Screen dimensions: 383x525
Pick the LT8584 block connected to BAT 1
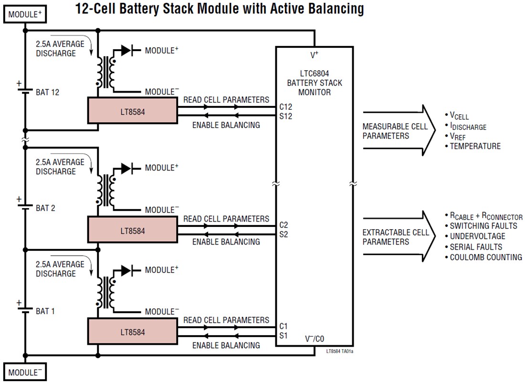pos(132,332)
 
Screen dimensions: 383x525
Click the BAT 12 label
pos(48,93)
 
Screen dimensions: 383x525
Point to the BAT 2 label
pos(45,208)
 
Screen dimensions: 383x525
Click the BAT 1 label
pos(45,311)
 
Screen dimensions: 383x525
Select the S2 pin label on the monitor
pos(283,234)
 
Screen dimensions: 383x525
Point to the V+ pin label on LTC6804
pos(315,55)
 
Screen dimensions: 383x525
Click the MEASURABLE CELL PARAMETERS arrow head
pos(427,130)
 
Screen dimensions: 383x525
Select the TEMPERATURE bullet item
pos(475,147)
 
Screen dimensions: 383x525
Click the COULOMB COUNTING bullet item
pos(485,257)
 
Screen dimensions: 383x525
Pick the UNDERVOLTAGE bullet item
pos(477,236)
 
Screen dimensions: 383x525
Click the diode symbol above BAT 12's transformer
pos(126,50)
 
